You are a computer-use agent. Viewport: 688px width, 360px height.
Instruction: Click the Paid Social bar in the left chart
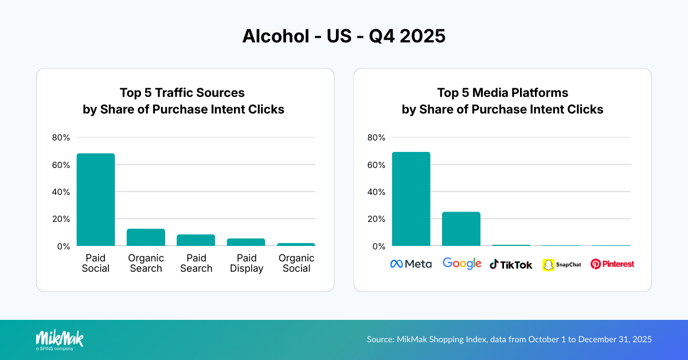96,199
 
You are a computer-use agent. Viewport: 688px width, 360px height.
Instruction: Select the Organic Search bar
146,237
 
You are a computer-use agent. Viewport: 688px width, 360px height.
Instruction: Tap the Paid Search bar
196,240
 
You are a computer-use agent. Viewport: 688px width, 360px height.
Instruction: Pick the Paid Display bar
246,242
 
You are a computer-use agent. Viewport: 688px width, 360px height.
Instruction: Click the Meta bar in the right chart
411,199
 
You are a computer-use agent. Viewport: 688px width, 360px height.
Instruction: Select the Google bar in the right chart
461,229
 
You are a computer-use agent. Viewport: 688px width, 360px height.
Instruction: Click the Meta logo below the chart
411,264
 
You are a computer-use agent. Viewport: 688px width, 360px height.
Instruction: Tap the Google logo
462,264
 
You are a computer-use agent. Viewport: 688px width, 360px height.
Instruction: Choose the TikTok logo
511,264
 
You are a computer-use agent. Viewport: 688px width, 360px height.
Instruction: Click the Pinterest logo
612,264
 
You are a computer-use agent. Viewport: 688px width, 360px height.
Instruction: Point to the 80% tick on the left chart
61,138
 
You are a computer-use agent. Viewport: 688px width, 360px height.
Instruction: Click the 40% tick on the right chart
377,192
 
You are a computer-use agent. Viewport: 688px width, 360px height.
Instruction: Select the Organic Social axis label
296,263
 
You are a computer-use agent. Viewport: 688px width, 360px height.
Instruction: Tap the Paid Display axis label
246,263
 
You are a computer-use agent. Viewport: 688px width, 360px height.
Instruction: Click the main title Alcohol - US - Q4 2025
343,36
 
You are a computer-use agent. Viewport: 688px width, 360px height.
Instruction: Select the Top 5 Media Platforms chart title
502,101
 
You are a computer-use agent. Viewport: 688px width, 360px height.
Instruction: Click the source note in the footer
509,339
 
